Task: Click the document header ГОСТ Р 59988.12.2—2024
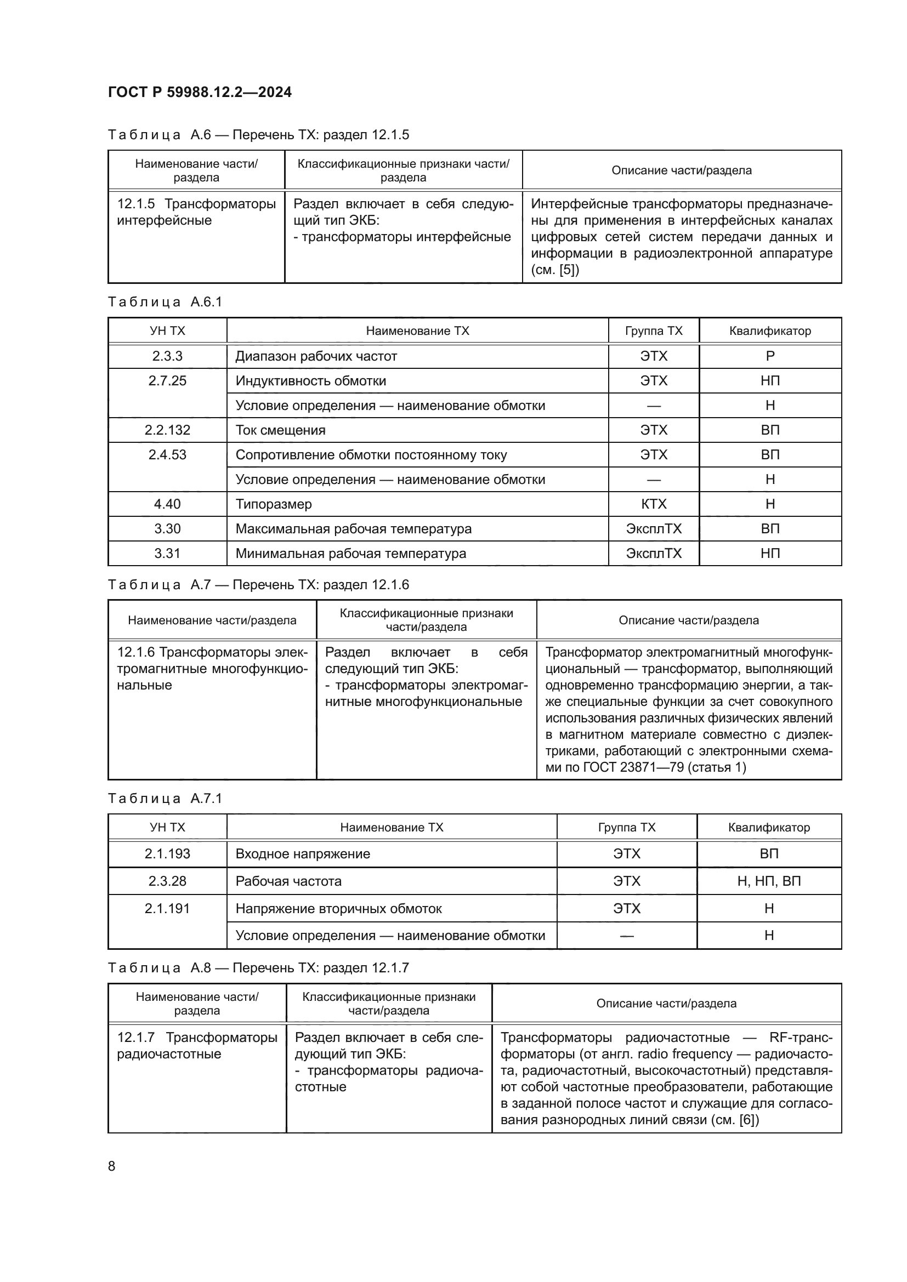pos(200,92)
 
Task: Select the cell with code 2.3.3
pos(167,356)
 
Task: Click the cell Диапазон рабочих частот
pos(316,356)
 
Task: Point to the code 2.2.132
pos(167,430)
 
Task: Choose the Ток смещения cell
pos(280,430)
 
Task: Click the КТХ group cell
pos(654,504)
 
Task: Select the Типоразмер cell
pos(274,504)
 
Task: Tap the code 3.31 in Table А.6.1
pos(167,554)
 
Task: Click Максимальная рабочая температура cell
pos(354,529)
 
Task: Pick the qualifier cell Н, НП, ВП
pos(768,881)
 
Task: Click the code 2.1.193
pos(167,854)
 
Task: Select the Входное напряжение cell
pos(303,854)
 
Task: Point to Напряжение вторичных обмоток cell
pos(338,908)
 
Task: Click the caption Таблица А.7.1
pos(165,799)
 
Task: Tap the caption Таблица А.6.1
pos(165,302)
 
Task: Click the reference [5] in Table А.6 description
pos(569,270)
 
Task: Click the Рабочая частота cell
pos(288,881)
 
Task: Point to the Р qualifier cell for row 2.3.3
pos(769,356)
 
